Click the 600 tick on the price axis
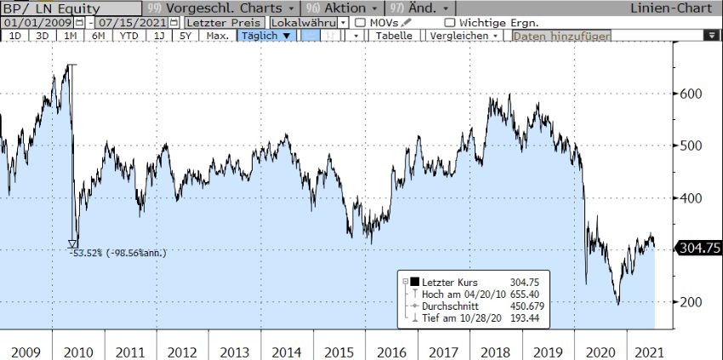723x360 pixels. [690, 94]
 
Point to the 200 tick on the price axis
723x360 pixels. [690, 302]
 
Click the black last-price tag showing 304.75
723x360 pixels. [697, 248]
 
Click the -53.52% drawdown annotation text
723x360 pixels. [118, 252]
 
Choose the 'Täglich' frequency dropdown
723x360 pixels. [266, 36]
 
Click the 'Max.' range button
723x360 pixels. [218, 36]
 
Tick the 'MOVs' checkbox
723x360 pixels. [361, 22]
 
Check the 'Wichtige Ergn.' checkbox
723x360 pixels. [450, 22]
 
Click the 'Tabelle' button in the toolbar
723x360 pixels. [394, 36]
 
